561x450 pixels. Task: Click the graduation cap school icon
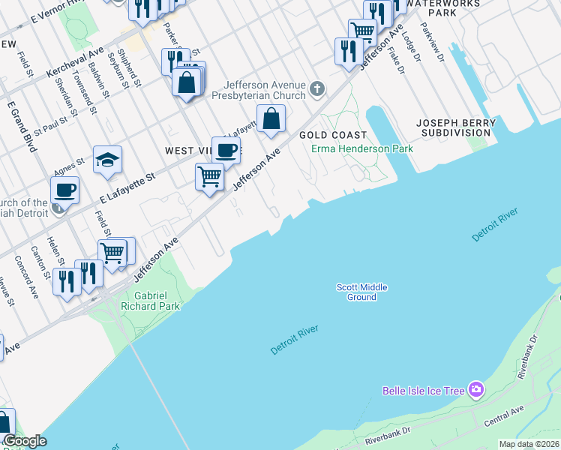tap(108, 159)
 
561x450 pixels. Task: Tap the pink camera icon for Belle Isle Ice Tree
tap(475, 389)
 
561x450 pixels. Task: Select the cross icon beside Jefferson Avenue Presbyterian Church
tap(317, 90)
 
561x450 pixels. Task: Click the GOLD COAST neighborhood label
tap(333, 135)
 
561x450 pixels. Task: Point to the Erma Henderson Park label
tap(362, 149)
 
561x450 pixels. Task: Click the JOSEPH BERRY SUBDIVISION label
tap(455, 127)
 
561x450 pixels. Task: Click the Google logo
tap(25, 441)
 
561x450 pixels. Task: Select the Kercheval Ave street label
tap(75, 64)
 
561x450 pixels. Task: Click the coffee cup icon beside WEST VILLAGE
tap(226, 150)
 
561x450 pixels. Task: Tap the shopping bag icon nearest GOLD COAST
tap(271, 118)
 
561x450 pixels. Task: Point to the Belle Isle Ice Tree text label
tap(424, 390)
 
